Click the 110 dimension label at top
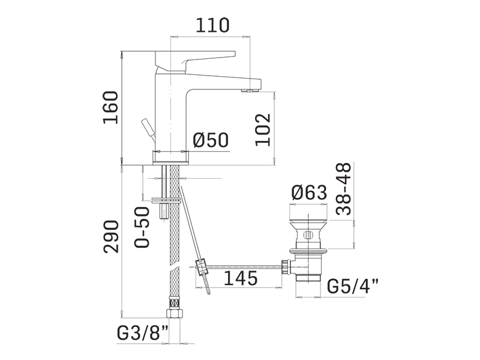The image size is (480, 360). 212,25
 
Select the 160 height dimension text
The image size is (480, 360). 110,107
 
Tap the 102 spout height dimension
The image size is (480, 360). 263,130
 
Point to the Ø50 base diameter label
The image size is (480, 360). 211,140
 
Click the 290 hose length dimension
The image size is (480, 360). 111,236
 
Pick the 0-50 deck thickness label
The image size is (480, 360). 142,227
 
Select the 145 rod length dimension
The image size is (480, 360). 241,278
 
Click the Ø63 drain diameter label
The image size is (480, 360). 310,193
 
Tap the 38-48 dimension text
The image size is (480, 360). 343,189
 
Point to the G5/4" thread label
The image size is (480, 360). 353,287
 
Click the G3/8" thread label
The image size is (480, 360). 143,334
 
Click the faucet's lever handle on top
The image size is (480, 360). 196,61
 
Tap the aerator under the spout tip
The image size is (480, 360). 250,91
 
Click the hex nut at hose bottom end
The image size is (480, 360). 175,313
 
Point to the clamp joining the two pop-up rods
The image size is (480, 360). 201,267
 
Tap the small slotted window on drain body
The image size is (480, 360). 308,236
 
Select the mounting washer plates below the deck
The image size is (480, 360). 166,200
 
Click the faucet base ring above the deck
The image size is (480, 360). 171,158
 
